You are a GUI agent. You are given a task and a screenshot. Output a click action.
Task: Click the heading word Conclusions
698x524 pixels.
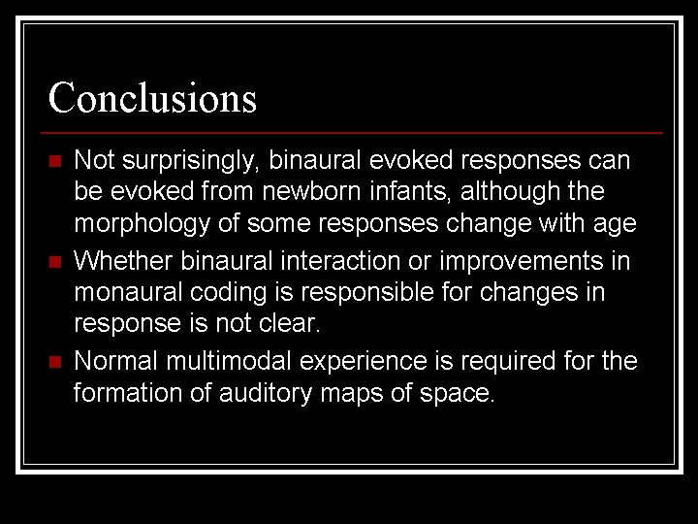coord(152,98)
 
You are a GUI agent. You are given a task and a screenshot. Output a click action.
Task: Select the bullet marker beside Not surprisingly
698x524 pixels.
coord(55,160)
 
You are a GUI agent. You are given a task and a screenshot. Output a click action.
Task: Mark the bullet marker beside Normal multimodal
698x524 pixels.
coord(55,362)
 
